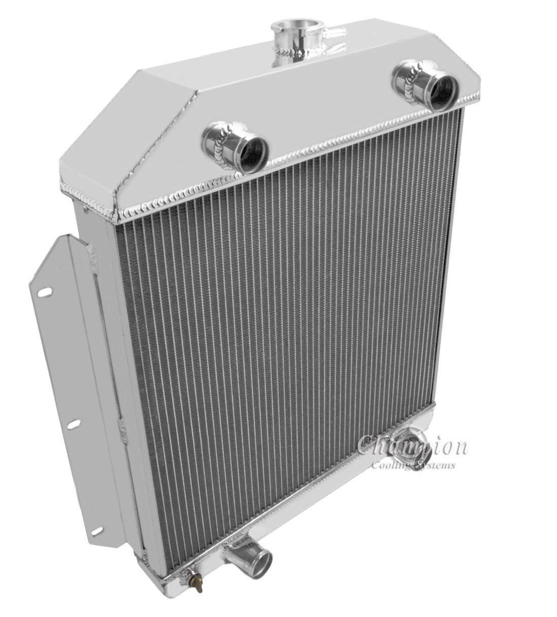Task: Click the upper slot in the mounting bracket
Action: pos(45,292)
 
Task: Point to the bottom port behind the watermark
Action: pos(416,449)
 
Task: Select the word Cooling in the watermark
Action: pos(391,465)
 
